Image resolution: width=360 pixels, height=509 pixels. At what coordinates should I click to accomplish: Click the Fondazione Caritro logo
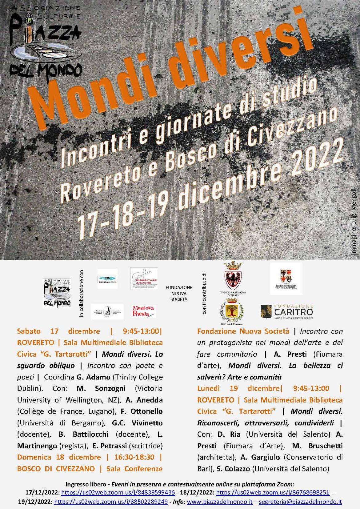(286, 311)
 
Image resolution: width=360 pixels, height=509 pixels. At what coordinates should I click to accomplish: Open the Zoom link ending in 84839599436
(118, 492)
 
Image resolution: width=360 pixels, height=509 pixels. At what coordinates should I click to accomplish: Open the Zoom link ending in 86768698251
(273, 492)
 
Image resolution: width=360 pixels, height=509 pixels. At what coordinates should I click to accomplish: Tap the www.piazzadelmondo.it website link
(220, 502)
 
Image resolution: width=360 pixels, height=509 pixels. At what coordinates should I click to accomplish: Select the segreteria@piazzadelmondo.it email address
(300, 502)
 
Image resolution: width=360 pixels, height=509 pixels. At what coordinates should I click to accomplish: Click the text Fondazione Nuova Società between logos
(178, 293)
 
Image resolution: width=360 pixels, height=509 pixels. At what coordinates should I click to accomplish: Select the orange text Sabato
(29, 331)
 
